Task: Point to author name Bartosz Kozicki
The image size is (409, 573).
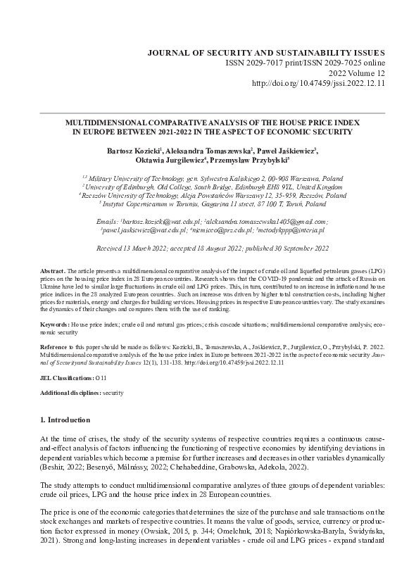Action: pyautogui.click(x=130, y=150)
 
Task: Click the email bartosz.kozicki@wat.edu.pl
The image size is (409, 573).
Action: pyautogui.click(x=157, y=222)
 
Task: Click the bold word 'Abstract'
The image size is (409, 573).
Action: pyautogui.click(x=52, y=271)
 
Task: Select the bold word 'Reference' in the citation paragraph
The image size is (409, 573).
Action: pyautogui.click(x=55, y=348)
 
